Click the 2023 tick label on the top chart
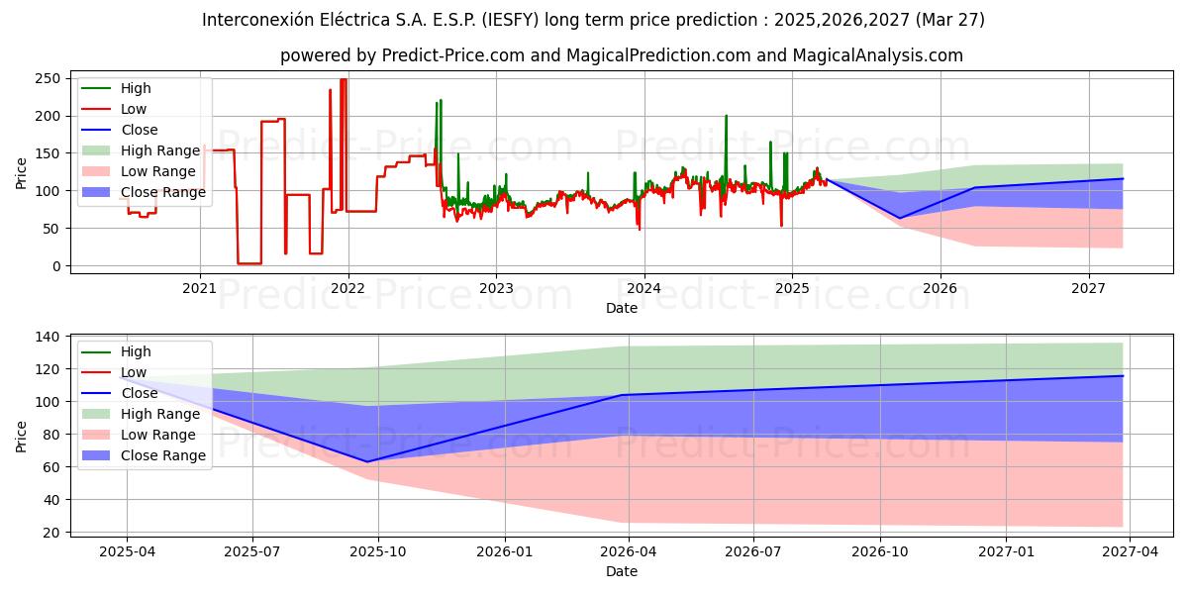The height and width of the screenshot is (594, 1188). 496,288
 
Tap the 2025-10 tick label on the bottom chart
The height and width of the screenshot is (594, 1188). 379,551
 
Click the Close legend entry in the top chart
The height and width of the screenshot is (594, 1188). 138,130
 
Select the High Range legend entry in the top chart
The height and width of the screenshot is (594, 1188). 160,150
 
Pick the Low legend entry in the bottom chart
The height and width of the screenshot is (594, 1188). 133,372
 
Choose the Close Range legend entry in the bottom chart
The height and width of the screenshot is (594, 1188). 163,455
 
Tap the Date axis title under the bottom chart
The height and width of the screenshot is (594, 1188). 621,571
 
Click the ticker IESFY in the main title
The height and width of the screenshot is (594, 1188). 539,20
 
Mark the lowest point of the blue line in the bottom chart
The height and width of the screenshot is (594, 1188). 367,461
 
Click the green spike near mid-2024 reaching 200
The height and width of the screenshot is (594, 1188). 726,116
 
